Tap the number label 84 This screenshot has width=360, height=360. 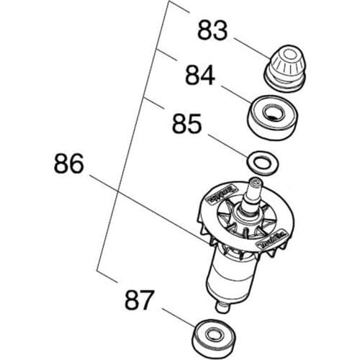pos(199,76)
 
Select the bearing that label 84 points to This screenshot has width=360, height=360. pos(273,115)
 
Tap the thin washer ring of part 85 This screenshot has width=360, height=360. pos(259,163)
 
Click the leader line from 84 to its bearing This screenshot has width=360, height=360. pos(234,93)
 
